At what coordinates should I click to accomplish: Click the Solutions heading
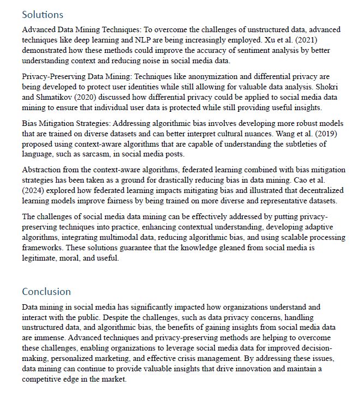tap(43, 15)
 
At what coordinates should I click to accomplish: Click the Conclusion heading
tap(46, 291)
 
